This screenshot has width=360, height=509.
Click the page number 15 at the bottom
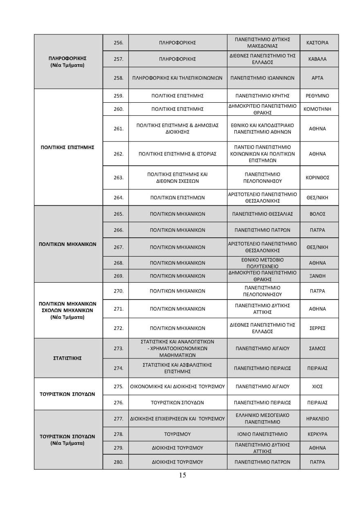(182, 475)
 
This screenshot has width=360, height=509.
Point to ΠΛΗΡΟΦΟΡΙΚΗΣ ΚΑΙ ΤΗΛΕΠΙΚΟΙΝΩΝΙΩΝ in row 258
(177, 77)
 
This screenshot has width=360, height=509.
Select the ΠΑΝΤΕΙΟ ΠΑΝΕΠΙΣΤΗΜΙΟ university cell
(262, 154)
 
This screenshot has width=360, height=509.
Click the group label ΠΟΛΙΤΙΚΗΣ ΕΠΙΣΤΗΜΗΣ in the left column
(68, 147)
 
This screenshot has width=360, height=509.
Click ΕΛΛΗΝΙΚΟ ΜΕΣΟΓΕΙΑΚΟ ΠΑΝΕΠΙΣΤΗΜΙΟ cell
(262, 418)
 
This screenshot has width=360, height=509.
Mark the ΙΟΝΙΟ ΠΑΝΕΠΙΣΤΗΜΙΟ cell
(262, 434)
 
